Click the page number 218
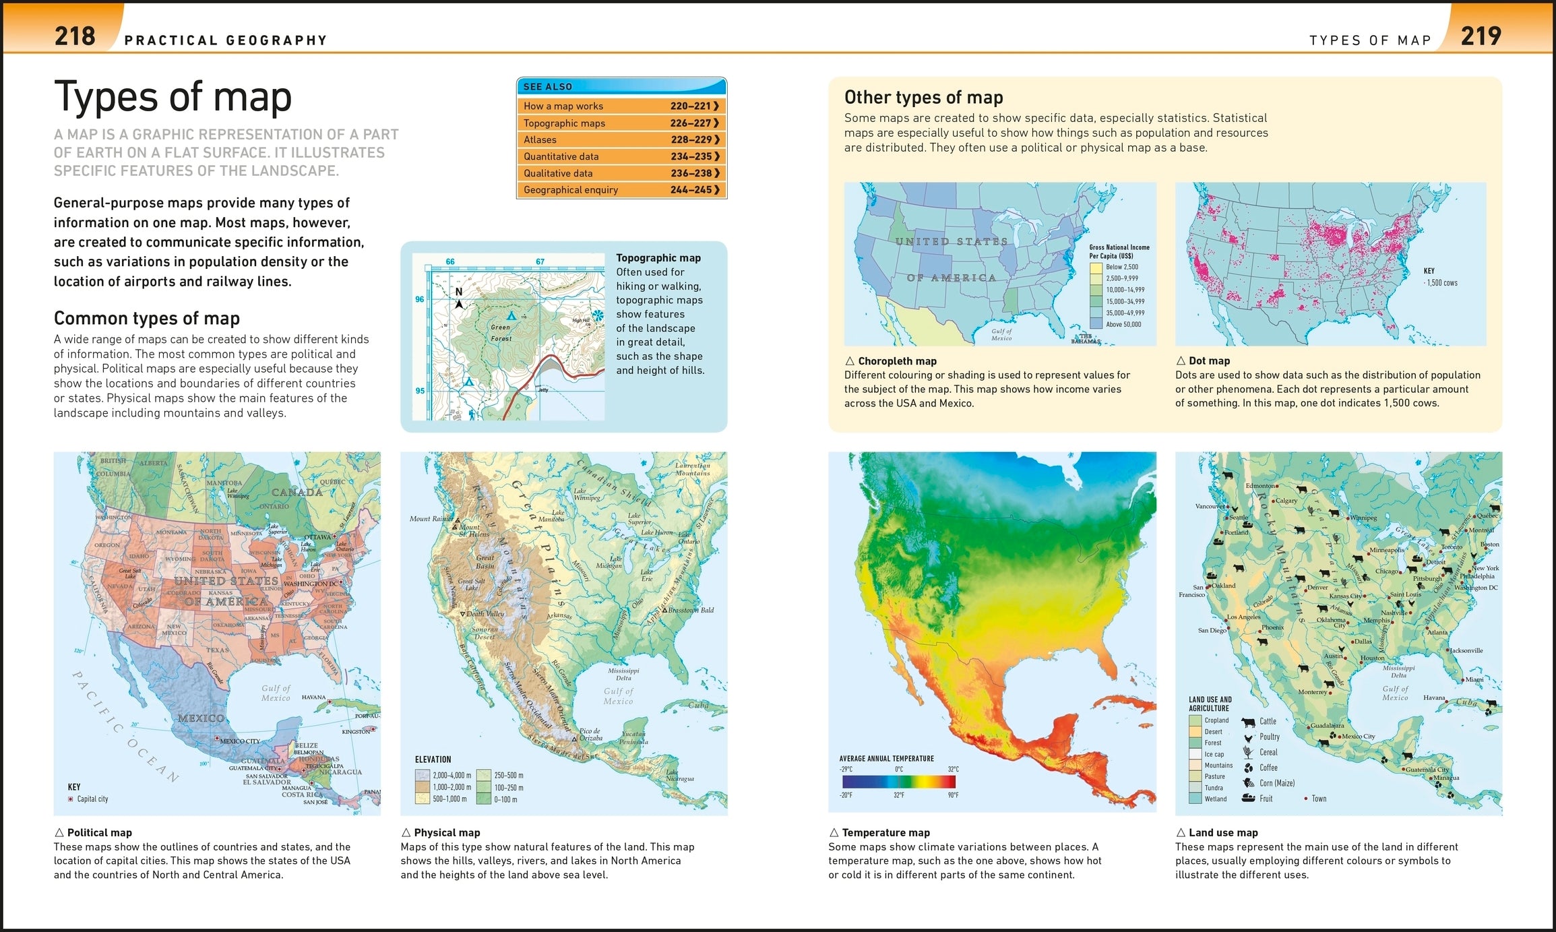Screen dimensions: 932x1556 tap(75, 36)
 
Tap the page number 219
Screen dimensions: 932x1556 tap(1481, 36)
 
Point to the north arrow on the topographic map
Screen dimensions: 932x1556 tap(459, 301)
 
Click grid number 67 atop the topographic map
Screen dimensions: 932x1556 tap(540, 261)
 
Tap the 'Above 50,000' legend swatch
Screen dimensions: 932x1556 tap(1096, 324)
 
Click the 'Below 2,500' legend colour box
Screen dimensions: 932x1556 tap(1096, 268)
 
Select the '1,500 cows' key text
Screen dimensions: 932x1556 tap(1441, 283)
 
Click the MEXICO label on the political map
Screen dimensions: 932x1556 tap(201, 718)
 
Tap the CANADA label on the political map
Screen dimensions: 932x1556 tap(297, 493)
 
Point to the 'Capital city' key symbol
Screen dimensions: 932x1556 tap(71, 799)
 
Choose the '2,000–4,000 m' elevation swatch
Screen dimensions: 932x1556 tap(423, 776)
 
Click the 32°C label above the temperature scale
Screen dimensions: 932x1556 tap(953, 769)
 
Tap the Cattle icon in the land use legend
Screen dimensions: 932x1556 tap(1248, 722)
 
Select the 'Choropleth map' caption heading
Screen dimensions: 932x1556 tap(897, 361)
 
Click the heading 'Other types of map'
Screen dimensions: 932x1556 tap(923, 98)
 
